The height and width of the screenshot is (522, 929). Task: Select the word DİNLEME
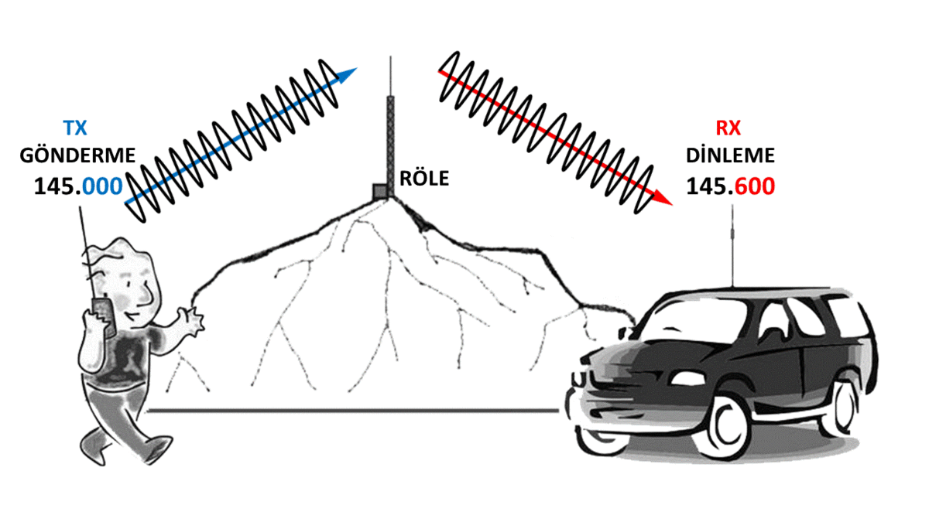[730, 155]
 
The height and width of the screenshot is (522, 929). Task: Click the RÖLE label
[424, 179]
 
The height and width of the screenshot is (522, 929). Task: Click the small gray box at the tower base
[380, 191]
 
